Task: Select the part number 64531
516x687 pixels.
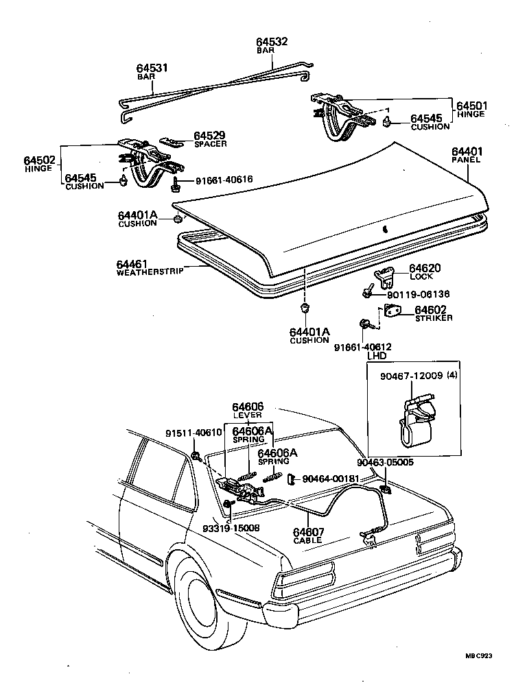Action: tap(152, 69)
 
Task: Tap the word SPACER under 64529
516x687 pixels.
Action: tap(210, 144)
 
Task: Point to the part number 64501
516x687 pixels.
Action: tap(471, 106)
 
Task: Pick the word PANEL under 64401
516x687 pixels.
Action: tap(466, 160)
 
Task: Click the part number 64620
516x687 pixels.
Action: tap(425, 268)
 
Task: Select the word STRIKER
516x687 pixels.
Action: tap(433, 318)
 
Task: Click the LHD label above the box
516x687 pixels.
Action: tap(377, 356)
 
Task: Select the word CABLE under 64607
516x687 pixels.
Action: tap(307, 540)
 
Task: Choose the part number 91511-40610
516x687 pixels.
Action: tap(194, 433)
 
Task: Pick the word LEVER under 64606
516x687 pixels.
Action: tap(247, 415)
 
